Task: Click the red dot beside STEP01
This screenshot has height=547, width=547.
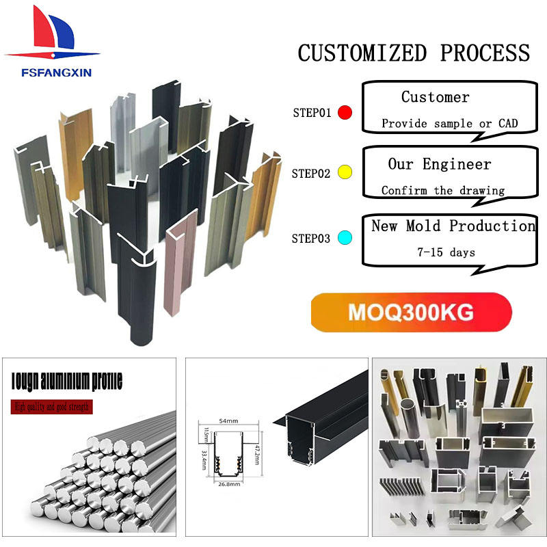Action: coord(345,113)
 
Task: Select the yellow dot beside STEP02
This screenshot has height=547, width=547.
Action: coord(345,173)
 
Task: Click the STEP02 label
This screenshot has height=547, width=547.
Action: coord(311,174)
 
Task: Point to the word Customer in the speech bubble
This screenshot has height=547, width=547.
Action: coord(436,97)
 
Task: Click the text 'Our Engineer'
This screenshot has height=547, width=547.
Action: coord(440,164)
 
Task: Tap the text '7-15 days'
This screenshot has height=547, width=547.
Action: coord(446,252)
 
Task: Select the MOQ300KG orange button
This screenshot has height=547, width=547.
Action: coord(411,312)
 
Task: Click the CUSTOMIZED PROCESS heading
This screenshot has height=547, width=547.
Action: coord(414,53)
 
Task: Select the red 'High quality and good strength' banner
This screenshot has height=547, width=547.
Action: coord(53,408)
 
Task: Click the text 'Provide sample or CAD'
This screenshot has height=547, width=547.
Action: coord(449,124)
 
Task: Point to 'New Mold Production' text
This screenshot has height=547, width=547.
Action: coord(453,226)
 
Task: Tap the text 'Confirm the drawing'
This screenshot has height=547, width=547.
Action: coord(443,191)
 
